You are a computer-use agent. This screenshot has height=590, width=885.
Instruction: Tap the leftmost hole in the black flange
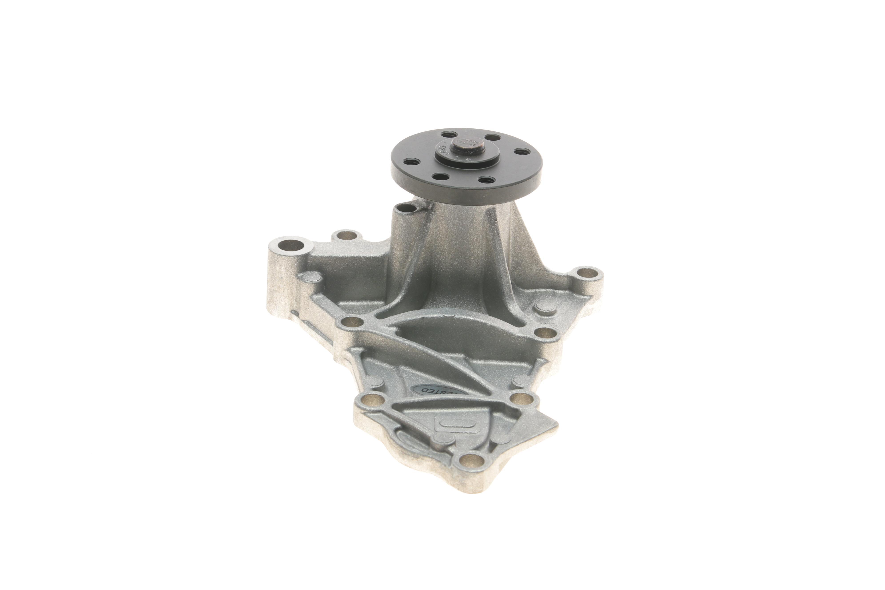pos(407,163)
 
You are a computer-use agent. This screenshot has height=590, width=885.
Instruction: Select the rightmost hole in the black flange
pos(521,152)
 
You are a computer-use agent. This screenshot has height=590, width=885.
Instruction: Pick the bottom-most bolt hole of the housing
pos(470,459)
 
